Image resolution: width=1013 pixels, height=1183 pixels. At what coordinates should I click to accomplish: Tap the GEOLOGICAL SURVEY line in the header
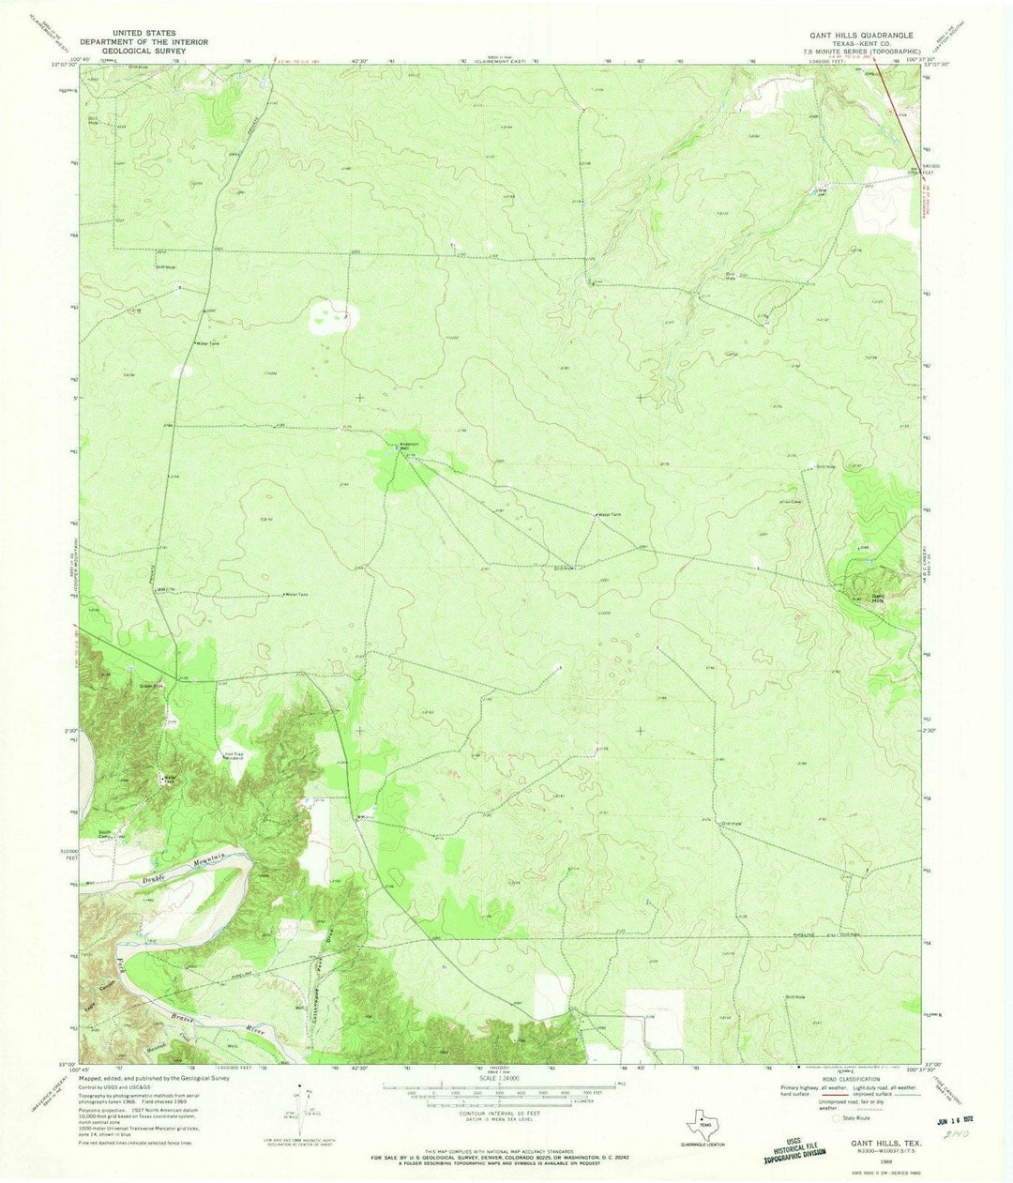(x=144, y=52)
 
